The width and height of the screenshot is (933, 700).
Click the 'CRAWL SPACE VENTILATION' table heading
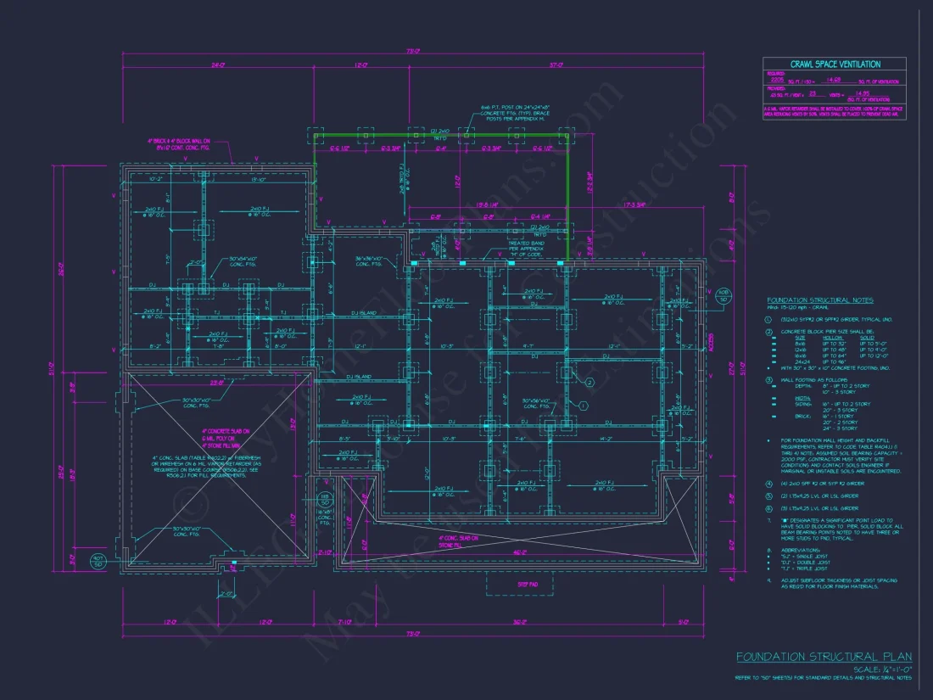click(835, 64)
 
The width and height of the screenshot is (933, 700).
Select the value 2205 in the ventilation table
click(777, 78)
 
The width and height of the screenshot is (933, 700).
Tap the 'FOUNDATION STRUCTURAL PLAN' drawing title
click(824, 656)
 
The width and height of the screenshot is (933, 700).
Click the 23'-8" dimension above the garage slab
click(218, 382)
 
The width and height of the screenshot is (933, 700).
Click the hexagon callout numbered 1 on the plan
click(584, 406)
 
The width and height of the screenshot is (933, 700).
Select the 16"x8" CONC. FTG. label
click(324, 517)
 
